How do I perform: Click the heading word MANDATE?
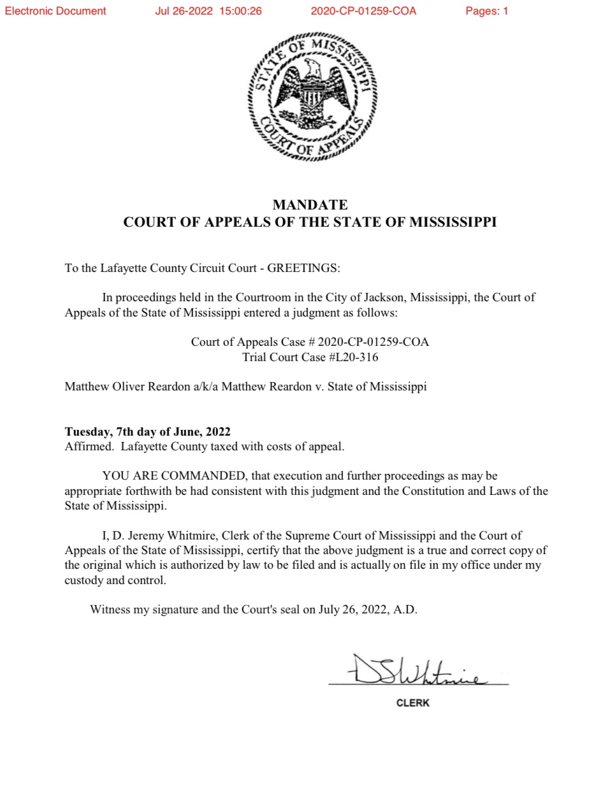[x=310, y=204]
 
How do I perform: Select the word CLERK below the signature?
[x=412, y=703]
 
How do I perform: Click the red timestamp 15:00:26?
[x=240, y=11]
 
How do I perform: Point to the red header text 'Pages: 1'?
[x=486, y=11]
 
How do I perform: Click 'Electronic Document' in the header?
[x=55, y=11]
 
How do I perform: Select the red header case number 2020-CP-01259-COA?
[x=363, y=11]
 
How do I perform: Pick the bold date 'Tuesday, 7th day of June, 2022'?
[x=147, y=431]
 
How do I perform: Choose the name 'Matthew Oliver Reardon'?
[x=127, y=386]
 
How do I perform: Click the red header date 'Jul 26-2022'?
[x=184, y=11]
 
